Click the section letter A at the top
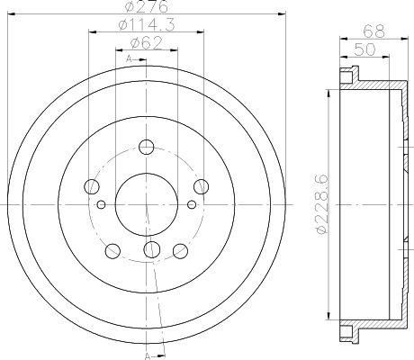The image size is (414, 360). point(130,58)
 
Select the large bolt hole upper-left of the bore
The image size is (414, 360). point(91,187)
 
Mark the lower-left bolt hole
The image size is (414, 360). point(113,250)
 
